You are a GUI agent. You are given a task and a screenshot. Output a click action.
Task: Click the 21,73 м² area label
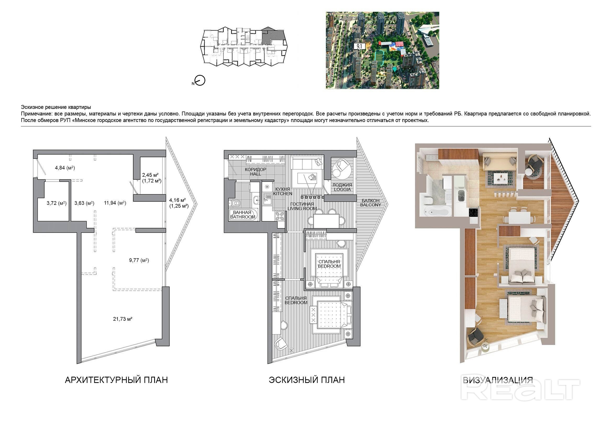point(123,319)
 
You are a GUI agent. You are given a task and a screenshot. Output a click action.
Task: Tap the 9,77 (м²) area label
point(139,260)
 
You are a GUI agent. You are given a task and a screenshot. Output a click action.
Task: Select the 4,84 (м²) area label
point(65,168)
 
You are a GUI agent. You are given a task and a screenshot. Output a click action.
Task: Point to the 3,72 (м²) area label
point(57,203)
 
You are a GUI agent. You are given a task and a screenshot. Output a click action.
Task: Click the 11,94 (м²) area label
point(115,203)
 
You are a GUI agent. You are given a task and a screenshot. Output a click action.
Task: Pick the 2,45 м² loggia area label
point(150,175)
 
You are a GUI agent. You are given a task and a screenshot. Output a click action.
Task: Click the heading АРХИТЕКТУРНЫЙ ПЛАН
point(116,380)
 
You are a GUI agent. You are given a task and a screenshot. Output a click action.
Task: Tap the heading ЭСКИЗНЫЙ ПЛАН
point(307,380)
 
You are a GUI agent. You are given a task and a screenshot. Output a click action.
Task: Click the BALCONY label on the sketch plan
point(370,205)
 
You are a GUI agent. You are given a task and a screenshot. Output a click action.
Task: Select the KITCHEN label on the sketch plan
point(282,194)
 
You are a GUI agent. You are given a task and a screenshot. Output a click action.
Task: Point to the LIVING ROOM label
point(302,209)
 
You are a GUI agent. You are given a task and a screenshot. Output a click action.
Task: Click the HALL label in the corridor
point(255,174)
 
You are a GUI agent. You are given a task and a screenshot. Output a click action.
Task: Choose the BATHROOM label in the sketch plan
point(243,217)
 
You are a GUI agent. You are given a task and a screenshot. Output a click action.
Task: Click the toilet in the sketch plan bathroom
point(235,203)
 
